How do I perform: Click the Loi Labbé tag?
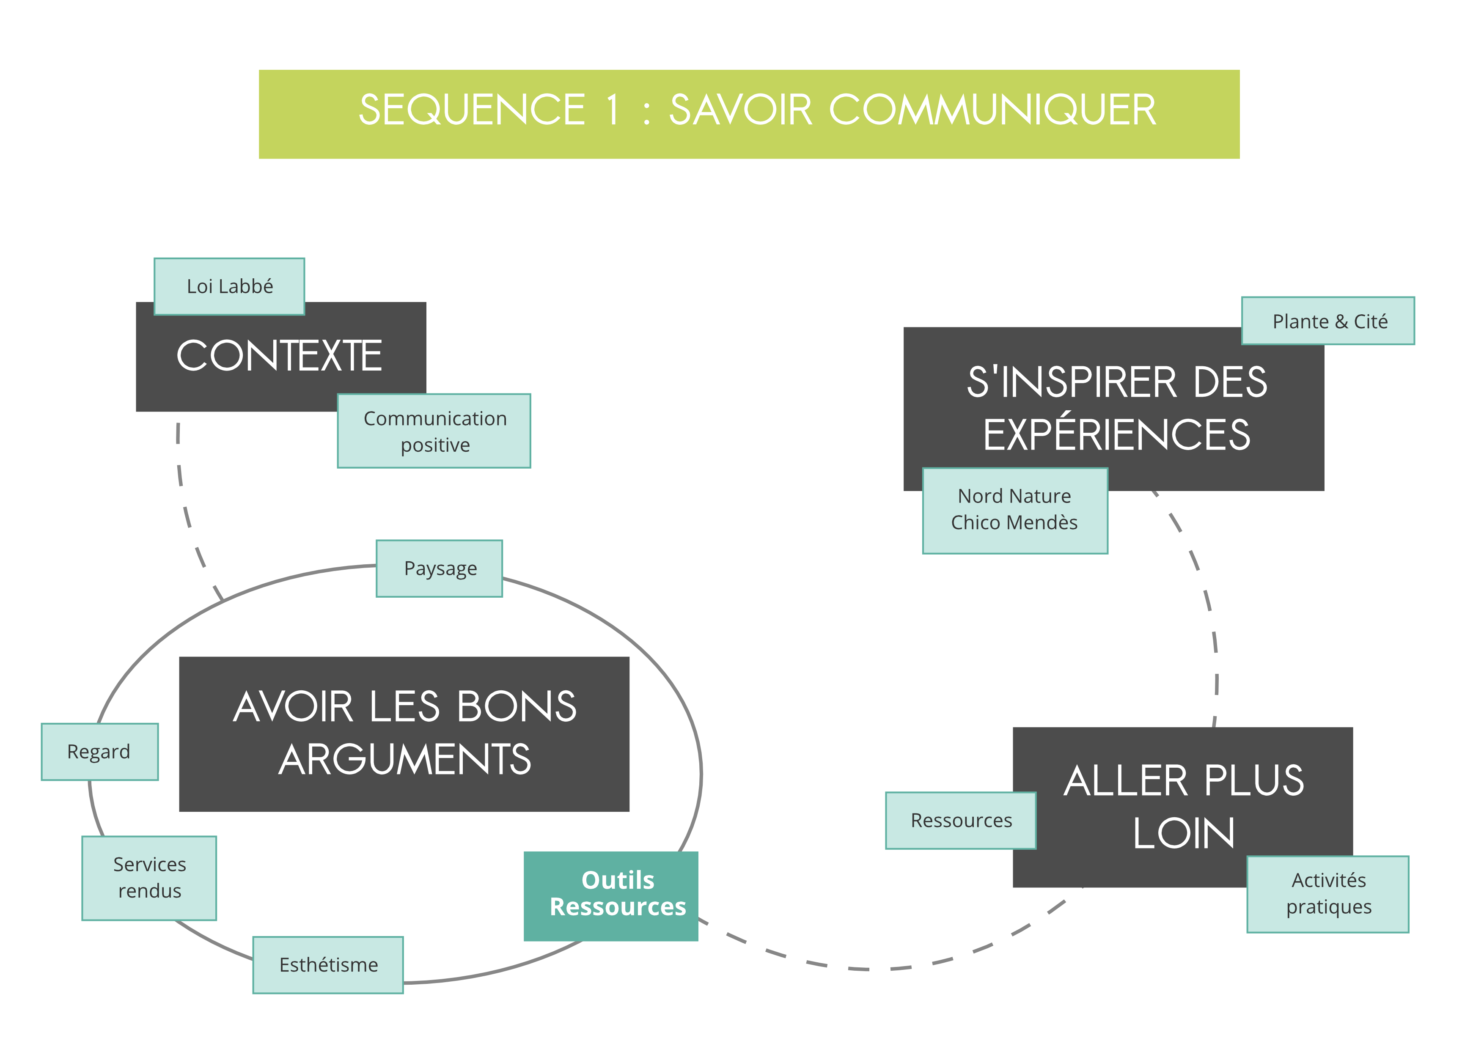point(229,286)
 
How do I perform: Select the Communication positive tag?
point(434,431)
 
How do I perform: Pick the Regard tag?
point(99,752)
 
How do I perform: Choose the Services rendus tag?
point(149,878)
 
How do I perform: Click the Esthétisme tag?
point(328,965)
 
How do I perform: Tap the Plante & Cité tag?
point(1328,321)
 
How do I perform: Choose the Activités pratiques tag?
point(1328,894)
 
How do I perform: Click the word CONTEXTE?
point(279,356)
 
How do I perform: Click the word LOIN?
point(1184,834)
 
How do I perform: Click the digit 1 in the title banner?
point(613,110)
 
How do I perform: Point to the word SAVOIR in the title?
point(740,110)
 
